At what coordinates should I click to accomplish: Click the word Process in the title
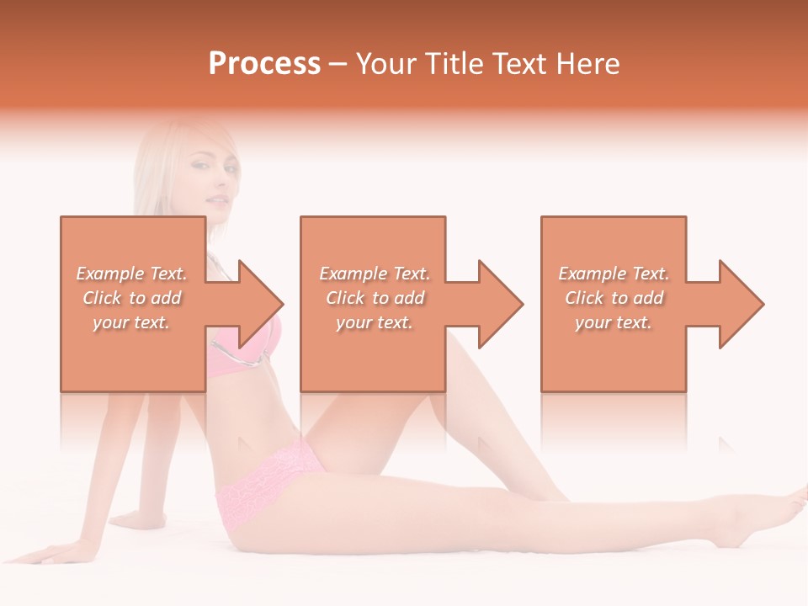coord(264,64)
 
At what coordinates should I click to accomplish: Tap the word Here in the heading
coord(588,64)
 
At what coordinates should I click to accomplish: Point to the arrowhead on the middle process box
coord(500,304)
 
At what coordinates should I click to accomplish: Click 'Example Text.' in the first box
coord(131,274)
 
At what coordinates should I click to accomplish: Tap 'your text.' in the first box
coord(131,322)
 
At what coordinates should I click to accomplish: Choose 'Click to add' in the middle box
coord(375,298)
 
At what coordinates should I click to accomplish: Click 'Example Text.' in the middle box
coord(375,274)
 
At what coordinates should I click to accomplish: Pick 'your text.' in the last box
coord(614,322)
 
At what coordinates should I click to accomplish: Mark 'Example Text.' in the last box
coord(614,274)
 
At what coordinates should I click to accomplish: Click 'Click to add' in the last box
coord(614,298)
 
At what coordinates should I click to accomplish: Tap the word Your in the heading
coord(387,64)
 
